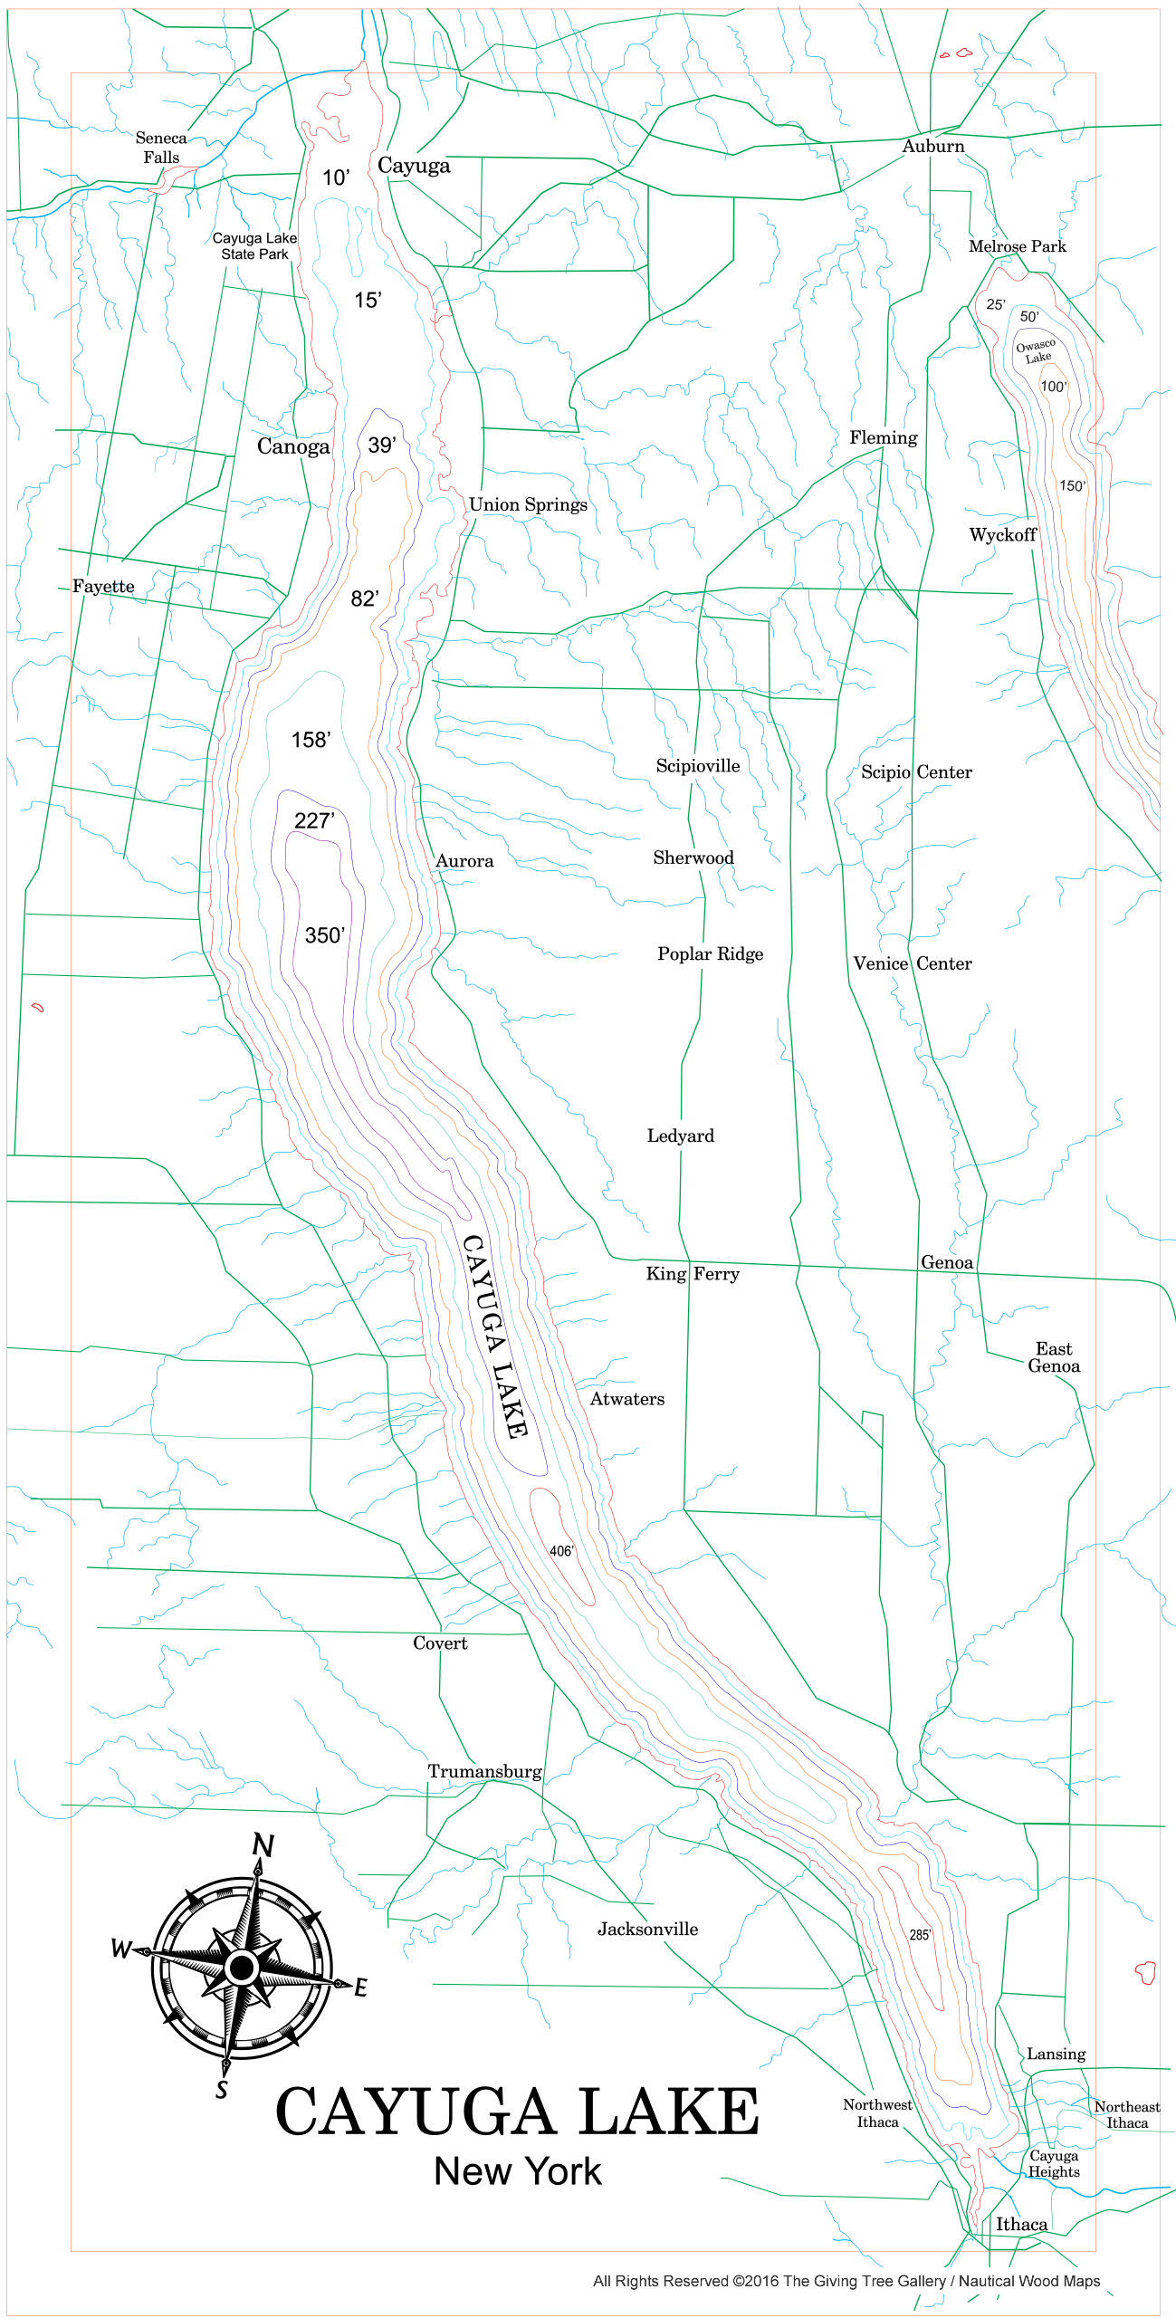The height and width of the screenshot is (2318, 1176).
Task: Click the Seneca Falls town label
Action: [x=161, y=148]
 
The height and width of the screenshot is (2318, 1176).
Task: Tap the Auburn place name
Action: [x=933, y=147]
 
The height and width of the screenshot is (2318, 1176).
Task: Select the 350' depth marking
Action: [x=325, y=935]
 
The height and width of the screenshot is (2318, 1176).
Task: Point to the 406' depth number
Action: [x=562, y=1551]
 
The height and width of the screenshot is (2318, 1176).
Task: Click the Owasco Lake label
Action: [x=1036, y=351]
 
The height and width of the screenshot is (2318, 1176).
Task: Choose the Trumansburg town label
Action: [x=484, y=1772]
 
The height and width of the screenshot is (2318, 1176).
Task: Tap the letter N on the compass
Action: [x=263, y=1844]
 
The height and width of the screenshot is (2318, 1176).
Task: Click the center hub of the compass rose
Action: [x=242, y=1967]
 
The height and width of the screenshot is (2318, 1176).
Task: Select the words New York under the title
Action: [x=517, y=2171]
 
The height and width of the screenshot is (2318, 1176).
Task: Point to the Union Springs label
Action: [x=528, y=505]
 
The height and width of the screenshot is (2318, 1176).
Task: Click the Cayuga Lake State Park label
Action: [x=254, y=246]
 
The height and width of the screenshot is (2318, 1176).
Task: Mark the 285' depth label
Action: [x=920, y=1935]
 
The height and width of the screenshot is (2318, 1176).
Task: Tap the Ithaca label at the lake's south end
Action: [x=1021, y=2225]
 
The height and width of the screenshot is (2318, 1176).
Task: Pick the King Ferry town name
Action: [x=693, y=1274]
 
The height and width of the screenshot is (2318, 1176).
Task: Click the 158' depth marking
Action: [x=311, y=740]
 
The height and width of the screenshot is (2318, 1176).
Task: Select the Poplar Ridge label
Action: [x=710, y=954]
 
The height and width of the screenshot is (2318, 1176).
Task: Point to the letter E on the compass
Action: [x=360, y=1988]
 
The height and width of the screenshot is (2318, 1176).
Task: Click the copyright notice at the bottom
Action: [x=846, y=2281]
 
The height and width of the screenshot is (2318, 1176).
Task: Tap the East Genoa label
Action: [x=1054, y=1357]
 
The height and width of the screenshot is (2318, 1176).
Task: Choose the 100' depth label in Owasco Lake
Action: [x=1054, y=387]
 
